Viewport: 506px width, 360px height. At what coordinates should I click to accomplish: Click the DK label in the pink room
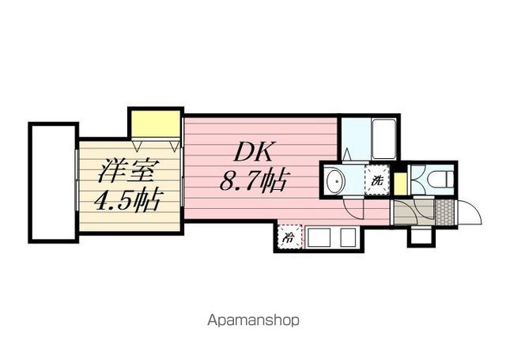point(254,152)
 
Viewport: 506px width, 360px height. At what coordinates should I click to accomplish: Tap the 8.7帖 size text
point(254,180)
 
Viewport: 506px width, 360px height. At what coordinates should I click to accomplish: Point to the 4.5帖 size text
point(127,200)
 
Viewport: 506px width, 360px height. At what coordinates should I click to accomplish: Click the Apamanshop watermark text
point(253,320)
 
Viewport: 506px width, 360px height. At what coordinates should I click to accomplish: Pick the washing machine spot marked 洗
point(376,180)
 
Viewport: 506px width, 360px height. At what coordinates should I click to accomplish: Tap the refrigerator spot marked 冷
point(289,237)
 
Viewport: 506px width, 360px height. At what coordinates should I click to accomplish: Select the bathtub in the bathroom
point(383,138)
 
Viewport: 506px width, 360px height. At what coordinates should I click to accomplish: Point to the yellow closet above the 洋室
point(156,124)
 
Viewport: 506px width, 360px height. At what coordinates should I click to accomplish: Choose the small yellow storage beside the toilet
point(400,184)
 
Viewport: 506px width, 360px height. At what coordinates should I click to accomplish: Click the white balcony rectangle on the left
point(54,183)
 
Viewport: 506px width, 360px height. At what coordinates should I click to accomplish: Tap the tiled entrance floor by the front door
point(444,212)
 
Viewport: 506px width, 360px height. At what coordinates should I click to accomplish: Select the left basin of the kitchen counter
point(319,237)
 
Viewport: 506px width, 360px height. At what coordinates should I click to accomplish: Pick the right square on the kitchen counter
point(348,237)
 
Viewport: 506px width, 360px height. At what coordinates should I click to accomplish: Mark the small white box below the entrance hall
point(421,237)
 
